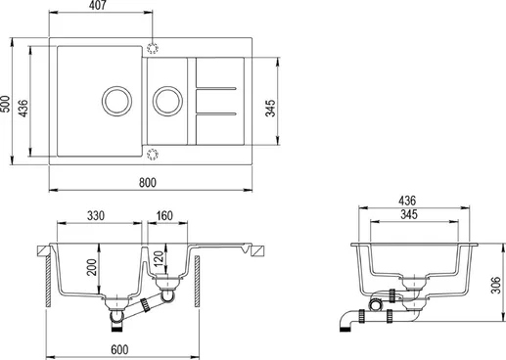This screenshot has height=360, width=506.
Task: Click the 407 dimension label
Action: (x=98, y=5)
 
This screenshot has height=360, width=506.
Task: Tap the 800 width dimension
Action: (x=148, y=182)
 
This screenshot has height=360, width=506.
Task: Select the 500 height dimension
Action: (x=5, y=104)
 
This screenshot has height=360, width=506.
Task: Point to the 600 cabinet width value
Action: (x=119, y=349)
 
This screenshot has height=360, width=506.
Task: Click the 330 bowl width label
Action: (x=96, y=215)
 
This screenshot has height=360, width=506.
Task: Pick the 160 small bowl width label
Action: (x=164, y=215)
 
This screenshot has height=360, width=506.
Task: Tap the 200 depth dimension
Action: (x=92, y=267)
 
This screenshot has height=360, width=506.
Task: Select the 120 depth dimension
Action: (x=159, y=258)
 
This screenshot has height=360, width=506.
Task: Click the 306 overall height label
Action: (x=495, y=285)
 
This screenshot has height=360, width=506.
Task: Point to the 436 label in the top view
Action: (x=23, y=109)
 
